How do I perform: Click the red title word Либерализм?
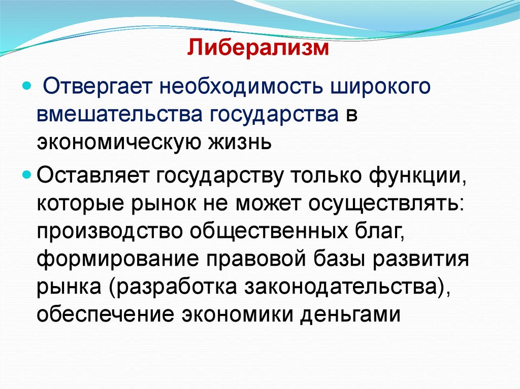tap(259, 49)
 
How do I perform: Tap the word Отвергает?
tap(95, 86)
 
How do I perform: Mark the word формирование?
tap(117, 259)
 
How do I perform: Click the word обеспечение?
tap(105, 314)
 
